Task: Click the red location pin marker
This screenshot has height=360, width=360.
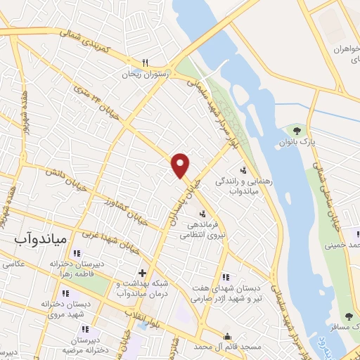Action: point(181,165)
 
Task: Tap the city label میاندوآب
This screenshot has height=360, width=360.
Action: point(40,239)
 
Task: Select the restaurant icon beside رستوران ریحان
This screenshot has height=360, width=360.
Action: point(145,61)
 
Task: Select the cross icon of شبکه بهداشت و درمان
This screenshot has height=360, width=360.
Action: point(143,272)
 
